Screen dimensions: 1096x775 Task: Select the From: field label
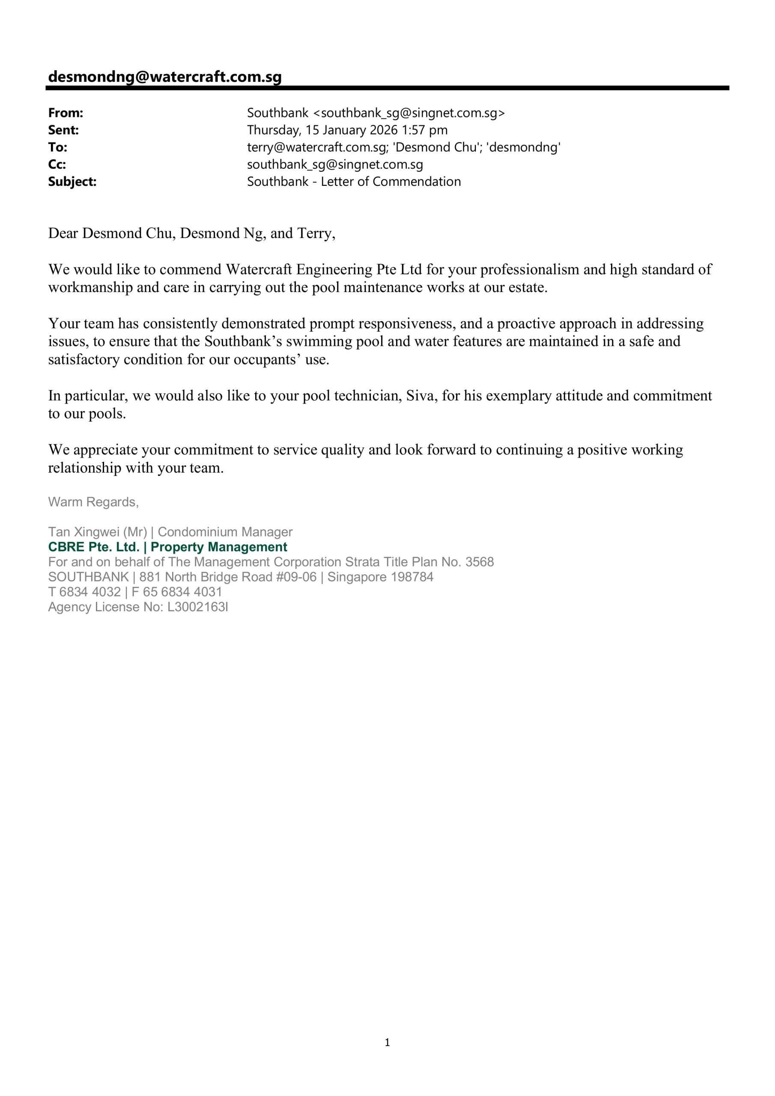point(66,113)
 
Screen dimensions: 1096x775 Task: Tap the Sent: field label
point(63,130)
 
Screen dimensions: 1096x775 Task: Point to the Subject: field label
point(72,182)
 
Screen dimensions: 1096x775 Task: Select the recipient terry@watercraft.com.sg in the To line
point(316,148)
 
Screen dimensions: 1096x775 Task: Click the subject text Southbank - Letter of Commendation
point(354,182)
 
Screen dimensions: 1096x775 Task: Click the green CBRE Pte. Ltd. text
point(94,547)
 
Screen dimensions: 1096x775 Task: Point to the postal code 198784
point(412,577)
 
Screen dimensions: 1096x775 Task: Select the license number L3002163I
point(198,607)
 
